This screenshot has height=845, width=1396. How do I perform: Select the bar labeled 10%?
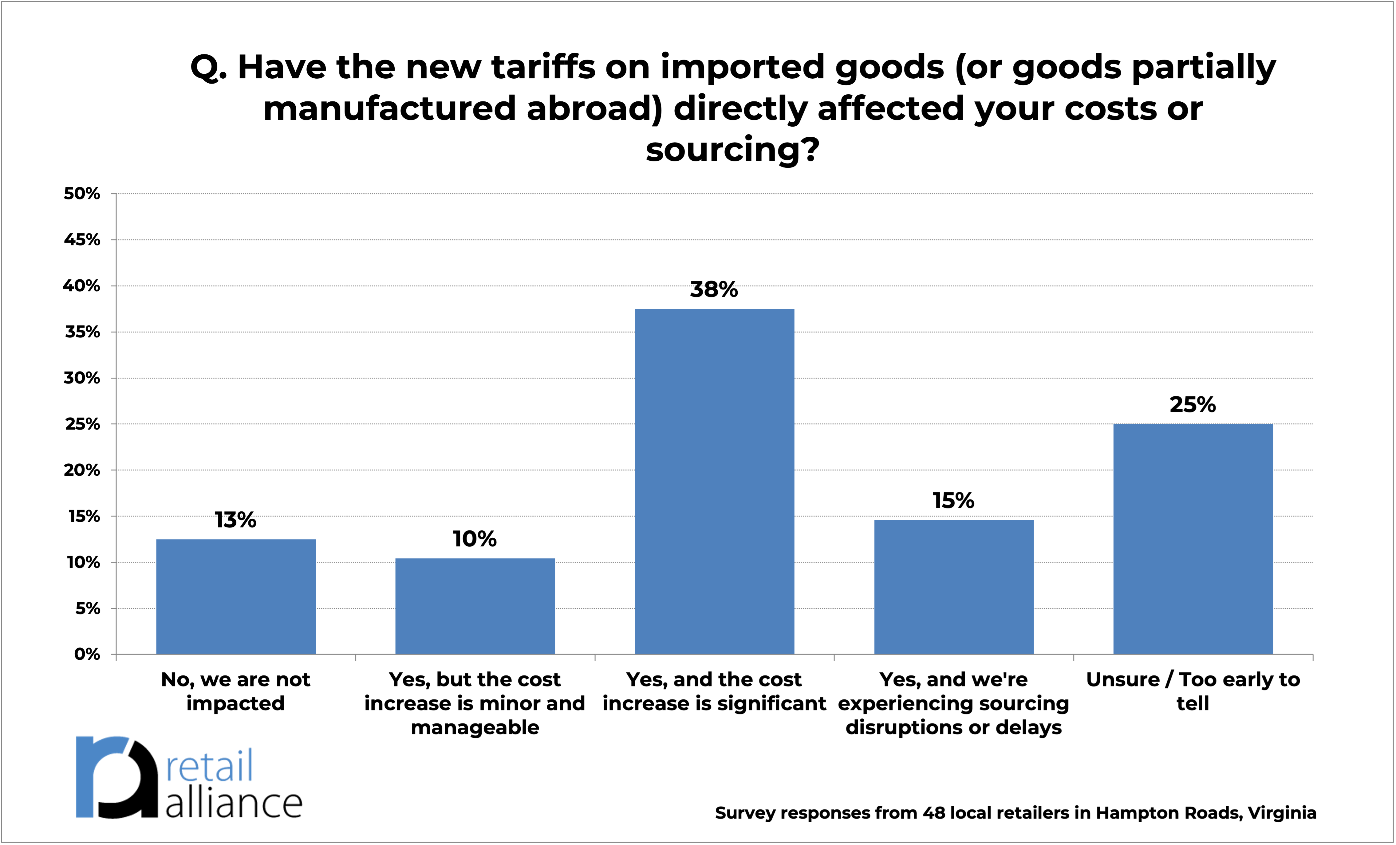point(475,606)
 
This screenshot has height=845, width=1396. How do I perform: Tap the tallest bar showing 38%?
point(714,481)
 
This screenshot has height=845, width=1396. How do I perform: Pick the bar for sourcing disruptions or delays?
point(953,587)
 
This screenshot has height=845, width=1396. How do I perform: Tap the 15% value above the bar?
point(953,501)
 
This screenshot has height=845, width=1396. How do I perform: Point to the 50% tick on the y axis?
point(82,194)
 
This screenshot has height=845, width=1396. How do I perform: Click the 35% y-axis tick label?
point(82,332)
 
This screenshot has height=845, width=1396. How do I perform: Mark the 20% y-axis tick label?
point(82,470)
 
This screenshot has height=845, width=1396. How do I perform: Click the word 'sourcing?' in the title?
point(732,150)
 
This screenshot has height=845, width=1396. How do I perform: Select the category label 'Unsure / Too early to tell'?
point(1193,691)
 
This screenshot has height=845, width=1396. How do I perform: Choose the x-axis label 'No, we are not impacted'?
point(236,691)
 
